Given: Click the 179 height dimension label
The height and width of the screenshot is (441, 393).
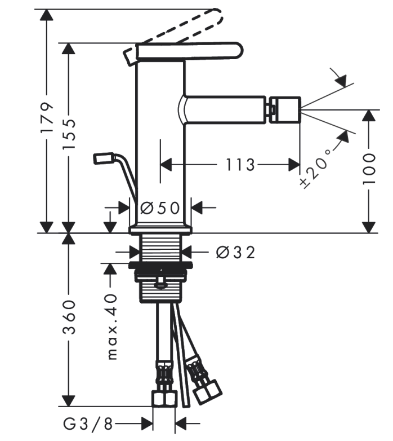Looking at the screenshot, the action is click(x=47, y=117).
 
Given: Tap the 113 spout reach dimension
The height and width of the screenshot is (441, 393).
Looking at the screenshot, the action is click(x=240, y=165).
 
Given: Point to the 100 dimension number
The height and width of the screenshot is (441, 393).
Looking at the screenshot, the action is click(x=369, y=169).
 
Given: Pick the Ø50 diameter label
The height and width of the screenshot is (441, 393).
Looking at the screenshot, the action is click(x=160, y=209).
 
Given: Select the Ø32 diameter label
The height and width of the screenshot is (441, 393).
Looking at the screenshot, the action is click(x=236, y=252).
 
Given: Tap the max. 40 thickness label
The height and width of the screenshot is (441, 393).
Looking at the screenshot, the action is click(x=112, y=327).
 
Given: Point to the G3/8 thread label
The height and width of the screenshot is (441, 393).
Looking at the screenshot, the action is click(x=88, y=424).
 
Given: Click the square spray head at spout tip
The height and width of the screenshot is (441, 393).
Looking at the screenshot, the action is click(x=285, y=110).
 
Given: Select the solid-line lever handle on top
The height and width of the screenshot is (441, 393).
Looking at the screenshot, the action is click(x=189, y=51).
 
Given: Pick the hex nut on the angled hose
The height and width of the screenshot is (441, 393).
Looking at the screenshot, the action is click(x=207, y=392).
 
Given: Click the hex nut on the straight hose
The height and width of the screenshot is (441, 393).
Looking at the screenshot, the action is click(x=164, y=399).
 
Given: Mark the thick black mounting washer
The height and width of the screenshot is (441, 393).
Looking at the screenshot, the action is click(x=160, y=264).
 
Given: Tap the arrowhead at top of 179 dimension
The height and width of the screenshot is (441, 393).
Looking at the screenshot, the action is click(x=47, y=15).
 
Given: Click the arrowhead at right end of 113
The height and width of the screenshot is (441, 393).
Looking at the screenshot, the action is click(x=294, y=165).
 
